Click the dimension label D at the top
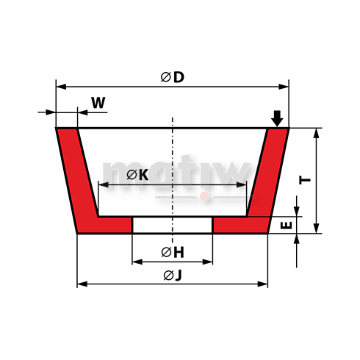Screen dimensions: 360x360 pyautogui.click(x=179, y=76)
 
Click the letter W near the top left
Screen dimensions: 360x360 pyautogui.click(x=97, y=103)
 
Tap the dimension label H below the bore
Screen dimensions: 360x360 pyautogui.click(x=179, y=252)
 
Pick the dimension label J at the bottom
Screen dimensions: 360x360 pyautogui.click(x=179, y=275)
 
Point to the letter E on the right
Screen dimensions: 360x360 pyautogui.click(x=287, y=226)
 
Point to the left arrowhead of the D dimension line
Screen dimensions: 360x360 pyautogui.click(x=60, y=87)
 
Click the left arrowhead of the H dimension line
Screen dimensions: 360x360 pyautogui.click(x=135, y=262)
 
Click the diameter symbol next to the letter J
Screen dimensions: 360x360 pyautogui.click(x=168, y=275)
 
